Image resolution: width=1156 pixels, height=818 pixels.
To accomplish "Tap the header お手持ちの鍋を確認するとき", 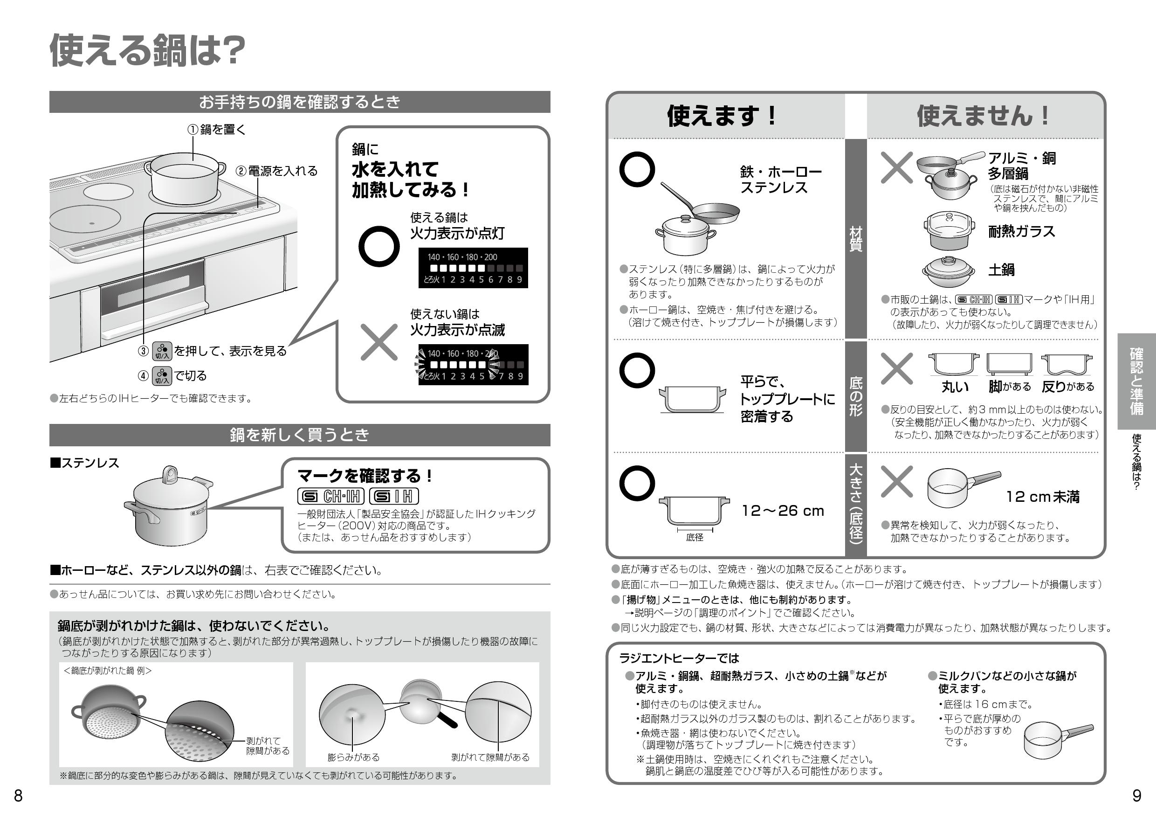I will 299,102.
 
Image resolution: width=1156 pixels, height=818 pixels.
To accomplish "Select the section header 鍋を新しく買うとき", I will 299,435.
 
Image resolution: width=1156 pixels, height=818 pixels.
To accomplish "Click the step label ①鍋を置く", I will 217,130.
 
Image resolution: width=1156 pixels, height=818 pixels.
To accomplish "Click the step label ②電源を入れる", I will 277,171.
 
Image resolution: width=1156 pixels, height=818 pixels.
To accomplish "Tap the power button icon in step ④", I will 162,376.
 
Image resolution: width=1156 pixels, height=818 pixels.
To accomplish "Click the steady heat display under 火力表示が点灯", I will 473,268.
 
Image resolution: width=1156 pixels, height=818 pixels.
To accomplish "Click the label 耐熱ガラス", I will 1021,231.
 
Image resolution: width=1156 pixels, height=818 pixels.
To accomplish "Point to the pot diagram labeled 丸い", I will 954,365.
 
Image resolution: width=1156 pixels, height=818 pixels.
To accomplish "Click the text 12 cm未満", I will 1042,497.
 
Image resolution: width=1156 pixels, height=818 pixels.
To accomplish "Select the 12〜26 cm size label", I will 783,511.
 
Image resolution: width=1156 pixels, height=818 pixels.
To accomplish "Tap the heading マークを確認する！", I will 365,476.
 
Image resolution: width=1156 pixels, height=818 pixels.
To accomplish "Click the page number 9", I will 1136,796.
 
